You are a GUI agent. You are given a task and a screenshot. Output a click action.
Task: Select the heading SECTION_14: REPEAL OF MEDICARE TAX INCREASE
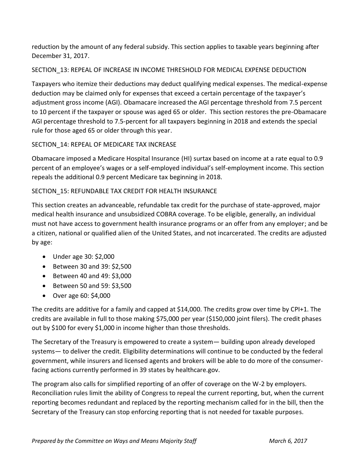click(104, 144)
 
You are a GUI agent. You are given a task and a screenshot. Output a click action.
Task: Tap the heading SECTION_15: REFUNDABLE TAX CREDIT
click(124, 191)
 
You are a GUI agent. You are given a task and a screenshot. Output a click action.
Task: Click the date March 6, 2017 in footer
click(288, 441)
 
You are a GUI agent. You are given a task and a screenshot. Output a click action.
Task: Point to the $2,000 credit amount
click(105, 256)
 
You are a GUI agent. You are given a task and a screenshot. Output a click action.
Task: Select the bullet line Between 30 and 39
click(92, 266)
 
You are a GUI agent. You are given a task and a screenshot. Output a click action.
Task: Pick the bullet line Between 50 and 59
click(92, 286)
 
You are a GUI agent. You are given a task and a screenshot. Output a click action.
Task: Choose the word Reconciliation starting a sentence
click(51, 393)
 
